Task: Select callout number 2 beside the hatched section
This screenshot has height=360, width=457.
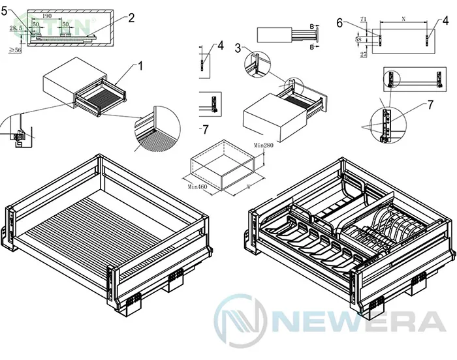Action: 131,18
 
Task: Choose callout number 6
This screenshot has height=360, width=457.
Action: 339,22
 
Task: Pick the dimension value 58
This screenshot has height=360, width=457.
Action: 358,40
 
